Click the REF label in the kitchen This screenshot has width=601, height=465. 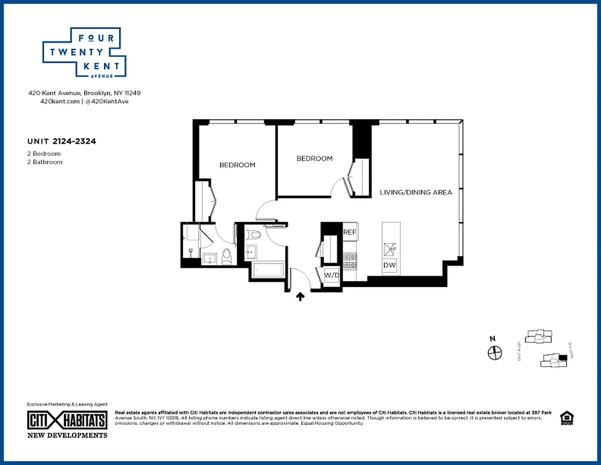pyautogui.click(x=350, y=232)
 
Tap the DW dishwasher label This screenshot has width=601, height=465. pyautogui.click(x=389, y=266)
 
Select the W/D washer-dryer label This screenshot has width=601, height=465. pyautogui.click(x=332, y=274)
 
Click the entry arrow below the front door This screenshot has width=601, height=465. pyautogui.click(x=301, y=297)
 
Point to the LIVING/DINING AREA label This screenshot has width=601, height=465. pyautogui.click(x=416, y=192)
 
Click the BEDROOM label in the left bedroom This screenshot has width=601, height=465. pyautogui.click(x=237, y=165)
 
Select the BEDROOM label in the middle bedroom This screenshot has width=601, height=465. pyautogui.click(x=314, y=159)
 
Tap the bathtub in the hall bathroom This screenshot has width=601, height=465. pyautogui.click(x=268, y=270)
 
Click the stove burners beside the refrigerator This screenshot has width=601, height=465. pyautogui.click(x=350, y=260)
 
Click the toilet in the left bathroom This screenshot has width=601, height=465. pyautogui.click(x=226, y=256)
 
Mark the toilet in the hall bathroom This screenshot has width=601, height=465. pyautogui.click(x=253, y=235)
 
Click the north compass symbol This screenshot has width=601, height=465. pyautogui.click(x=494, y=352)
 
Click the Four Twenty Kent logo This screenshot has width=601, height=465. pyautogui.click(x=85, y=53)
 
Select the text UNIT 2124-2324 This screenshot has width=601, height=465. pyautogui.click(x=61, y=141)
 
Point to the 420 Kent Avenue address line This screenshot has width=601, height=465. pyautogui.click(x=84, y=93)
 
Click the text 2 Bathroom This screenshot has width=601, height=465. pyautogui.click(x=45, y=162)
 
